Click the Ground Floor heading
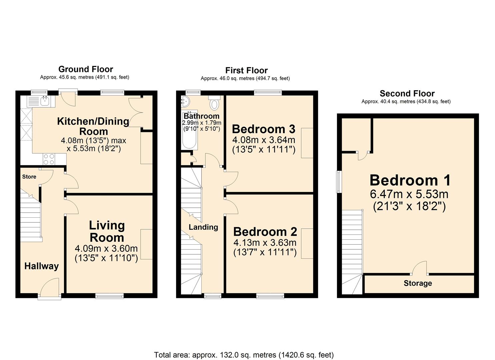pyautogui.click(x=86, y=69)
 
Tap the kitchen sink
pyautogui.click(x=41, y=102)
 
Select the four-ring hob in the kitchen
pyautogui.click(x=49, y=159)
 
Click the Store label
pyautogui.click(x=29, y=177)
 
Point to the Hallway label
pyautogui.click(x=42, y=266)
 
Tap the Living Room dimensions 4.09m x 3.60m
pyautogui.click(x=106, y=248)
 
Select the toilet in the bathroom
pyautogui.click(x=214, y=103)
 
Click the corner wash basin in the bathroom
pyautogui.click(x=185, y=102)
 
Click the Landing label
pyautogui.click(x=203, y=227)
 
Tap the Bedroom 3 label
pyautogui.click(x=264, y=129)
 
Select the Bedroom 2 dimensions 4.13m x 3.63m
pyautogui.click(x=265, y=242)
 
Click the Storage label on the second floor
pyautogui.click(x=418, y=283)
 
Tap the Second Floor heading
pyautogui.click(x=407, y=93)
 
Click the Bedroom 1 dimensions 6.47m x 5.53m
pyautogui.click(x=409, y=194)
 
